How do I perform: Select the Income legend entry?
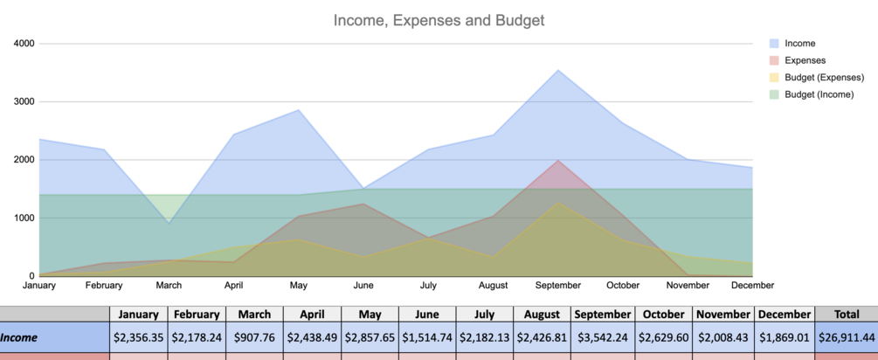pyautogui.click(x=799, y=43)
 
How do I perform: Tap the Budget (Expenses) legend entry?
pyautogui.click(x=824, y=77)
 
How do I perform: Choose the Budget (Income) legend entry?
pyautogui.click(x=819, y=93)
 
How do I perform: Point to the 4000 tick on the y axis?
pyautogui.click(x=24, y=43)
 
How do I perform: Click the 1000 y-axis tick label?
pyautogui.click(x=24, y=218)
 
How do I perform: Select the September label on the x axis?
pyautogui.click(x=558, y=286)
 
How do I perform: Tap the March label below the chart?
pyautogui.click(x=169, y=286)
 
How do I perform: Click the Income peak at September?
pyautogui.click(x=558, y=70)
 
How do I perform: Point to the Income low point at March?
pyautogui.click(x=169, y=223)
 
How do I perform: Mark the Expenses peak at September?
pyautogui.click(x=558, y=160)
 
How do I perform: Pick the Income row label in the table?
pyautogui.click(x=24, y=336)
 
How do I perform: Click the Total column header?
pyautogui.click(x=845, y=315)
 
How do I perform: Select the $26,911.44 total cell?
pyautogui.click(x=845, y=336)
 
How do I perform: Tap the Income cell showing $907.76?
pyautogui.click(x=254, y=336)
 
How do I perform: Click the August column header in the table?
pyautogui.click(x=543, y=315)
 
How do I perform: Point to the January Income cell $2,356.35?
pyautogui.click(x=139, y=336)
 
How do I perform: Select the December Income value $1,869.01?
pyautogui.click(x=784, y=336)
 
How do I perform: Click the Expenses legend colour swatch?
pyautogui.click(x=774, y=60)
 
